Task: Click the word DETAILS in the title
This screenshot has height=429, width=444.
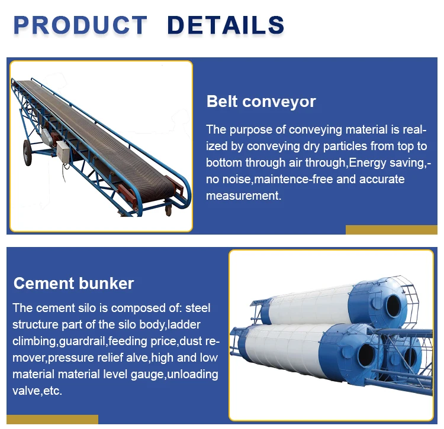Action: click(226, 25)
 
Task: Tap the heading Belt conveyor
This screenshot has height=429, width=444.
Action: click(261, 102)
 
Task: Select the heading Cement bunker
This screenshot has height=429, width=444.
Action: click(74, 283)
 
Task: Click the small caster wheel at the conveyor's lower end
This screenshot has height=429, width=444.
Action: click(168, 208)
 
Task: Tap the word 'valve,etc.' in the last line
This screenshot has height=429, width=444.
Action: click(37, 391)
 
